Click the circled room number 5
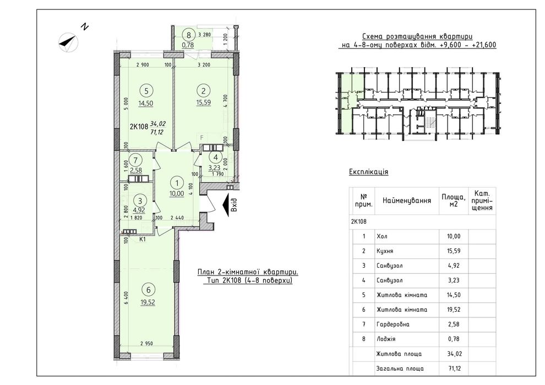[146, 91]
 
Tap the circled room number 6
[149, 290]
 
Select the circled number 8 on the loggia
[189, 35]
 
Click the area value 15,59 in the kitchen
[203, 103]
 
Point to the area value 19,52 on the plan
[148, 302]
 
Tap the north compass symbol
[68, 42]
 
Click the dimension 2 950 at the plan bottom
[146, 344]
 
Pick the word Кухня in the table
[385, 251]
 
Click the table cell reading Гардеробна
[393, 324]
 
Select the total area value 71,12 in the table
[454, 369]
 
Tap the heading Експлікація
[368, 172]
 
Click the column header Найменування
[407, 201]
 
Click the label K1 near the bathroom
[143, 239]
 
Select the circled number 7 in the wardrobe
[135, 160]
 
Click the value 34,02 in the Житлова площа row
[454, 354]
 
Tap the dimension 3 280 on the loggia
[205, 34]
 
